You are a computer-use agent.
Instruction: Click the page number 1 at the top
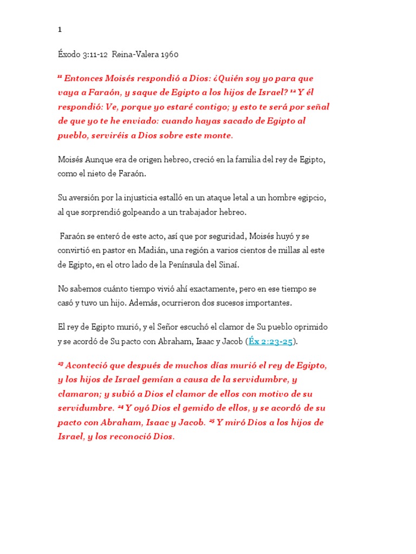point(60,30)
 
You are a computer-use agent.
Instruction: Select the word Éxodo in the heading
point(69,54)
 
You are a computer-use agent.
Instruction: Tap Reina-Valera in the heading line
point(133,54)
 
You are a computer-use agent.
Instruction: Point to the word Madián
point(154,250)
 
